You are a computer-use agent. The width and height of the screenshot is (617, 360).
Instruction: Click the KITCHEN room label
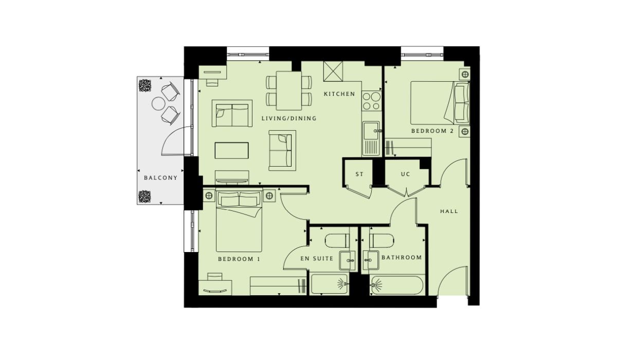tap(339, 94)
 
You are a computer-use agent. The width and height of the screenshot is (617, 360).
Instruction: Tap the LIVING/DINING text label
tap(289, 118)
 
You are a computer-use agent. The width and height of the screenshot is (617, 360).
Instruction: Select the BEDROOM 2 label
tap(432, 131)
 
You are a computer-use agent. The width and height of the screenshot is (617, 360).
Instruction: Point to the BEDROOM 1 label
tap(239, 259)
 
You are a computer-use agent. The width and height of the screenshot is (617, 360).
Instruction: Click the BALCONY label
tap(160, 178)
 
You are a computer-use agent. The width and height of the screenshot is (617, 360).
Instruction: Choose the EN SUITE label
tap(317, 258)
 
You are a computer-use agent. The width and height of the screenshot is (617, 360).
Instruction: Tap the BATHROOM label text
tap(402, 257)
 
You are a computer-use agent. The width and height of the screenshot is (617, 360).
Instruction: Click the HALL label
tap(449, 211)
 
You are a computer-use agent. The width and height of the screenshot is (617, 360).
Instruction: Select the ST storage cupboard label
tap(359, 174)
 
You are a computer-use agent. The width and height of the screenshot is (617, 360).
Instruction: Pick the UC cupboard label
tap(406, 174)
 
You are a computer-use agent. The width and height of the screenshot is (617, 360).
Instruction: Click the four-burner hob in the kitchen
tap(372, 101)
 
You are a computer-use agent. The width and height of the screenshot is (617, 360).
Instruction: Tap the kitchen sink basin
tap(371, 131)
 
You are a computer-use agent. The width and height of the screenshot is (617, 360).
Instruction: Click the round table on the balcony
tap(158, 104)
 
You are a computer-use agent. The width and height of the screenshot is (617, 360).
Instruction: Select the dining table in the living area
tap(289, 91)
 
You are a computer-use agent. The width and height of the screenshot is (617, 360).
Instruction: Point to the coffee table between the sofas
tap(232, 150)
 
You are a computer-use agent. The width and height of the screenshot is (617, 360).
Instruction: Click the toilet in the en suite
tap(337, 241)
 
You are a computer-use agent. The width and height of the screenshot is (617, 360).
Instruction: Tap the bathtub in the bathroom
tap(397, 285)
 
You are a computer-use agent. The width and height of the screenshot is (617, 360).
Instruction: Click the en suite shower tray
tap(329, 284)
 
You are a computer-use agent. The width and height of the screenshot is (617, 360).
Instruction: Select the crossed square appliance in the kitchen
tap(333, 71)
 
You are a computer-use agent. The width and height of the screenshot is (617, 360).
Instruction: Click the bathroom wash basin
tap(371, 260)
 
